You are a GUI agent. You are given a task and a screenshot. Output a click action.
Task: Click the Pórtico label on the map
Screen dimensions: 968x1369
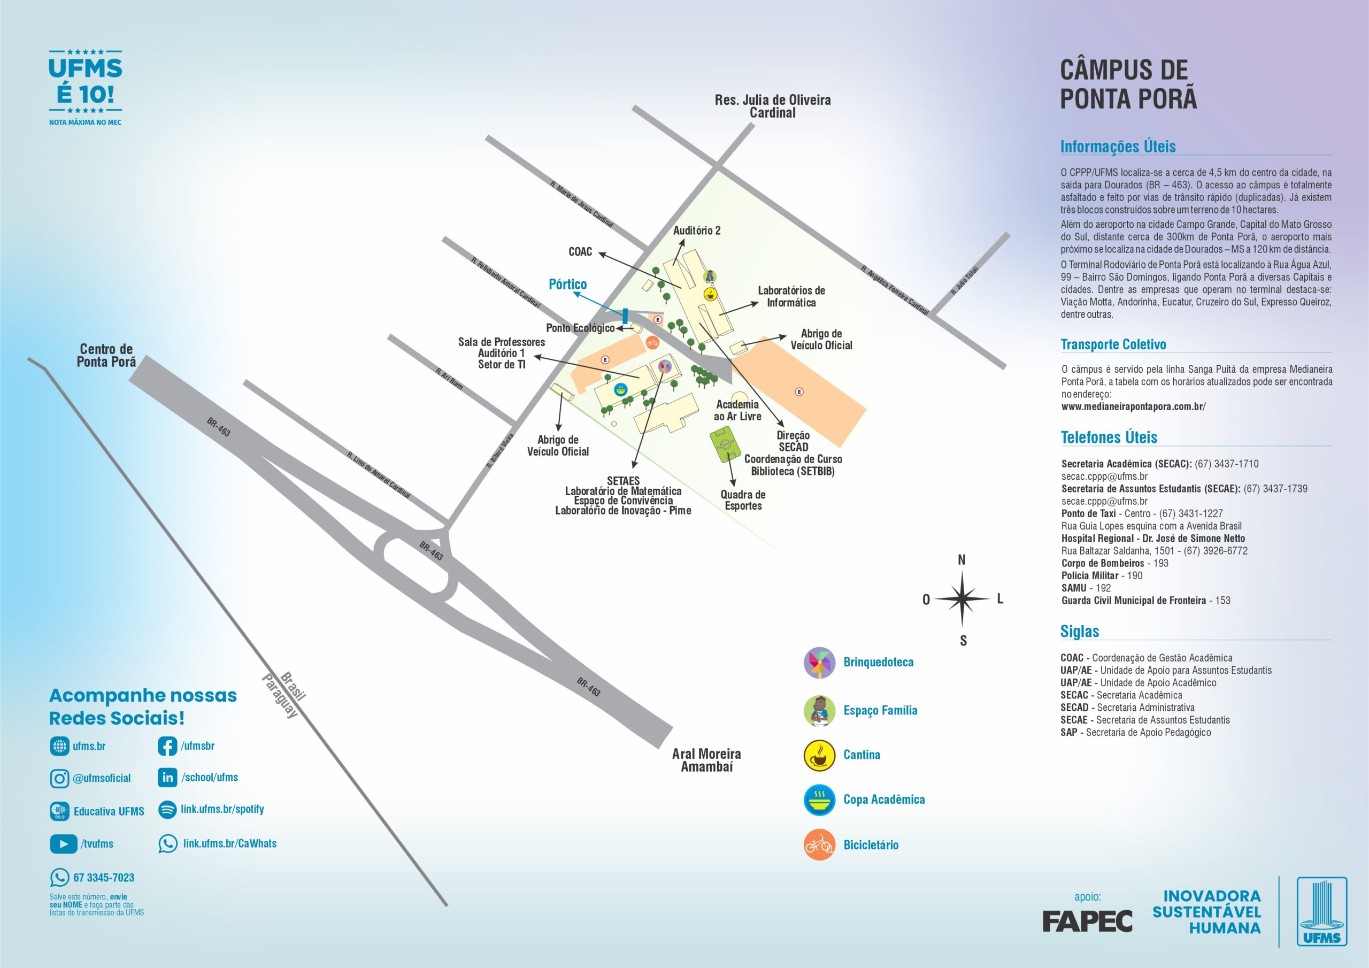[567, 285]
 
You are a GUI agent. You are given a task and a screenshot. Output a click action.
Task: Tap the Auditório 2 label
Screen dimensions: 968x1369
[696, 231]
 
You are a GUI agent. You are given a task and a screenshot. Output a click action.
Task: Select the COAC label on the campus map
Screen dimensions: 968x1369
[580, 252]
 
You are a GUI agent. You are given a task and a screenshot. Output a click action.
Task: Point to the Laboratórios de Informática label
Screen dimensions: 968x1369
[791, 296]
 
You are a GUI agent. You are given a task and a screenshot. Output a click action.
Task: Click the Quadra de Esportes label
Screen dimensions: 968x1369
[743, 500]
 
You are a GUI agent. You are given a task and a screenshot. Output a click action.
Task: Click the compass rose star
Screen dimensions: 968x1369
[962, 599]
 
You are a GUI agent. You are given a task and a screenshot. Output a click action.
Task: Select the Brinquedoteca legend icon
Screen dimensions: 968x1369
[819, 663]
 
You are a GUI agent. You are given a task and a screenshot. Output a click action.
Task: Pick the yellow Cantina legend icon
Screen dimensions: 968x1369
[819, 755]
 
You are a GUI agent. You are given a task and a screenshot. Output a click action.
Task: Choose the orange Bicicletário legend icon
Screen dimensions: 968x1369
[819, 844]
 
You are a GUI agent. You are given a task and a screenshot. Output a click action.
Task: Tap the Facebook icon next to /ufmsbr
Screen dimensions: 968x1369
[167, 746]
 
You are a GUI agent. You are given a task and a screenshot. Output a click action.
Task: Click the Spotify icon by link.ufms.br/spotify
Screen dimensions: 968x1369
[167, 809]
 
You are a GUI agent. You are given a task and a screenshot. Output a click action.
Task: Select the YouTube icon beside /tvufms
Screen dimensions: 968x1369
[63, 844]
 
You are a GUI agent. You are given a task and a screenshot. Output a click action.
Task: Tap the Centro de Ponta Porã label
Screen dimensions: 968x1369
[106, 356]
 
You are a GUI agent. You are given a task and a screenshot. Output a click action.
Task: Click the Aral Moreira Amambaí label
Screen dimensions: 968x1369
[706, 760]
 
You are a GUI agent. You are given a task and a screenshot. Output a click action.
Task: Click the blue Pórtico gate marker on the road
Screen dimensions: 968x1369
[625, 316]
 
